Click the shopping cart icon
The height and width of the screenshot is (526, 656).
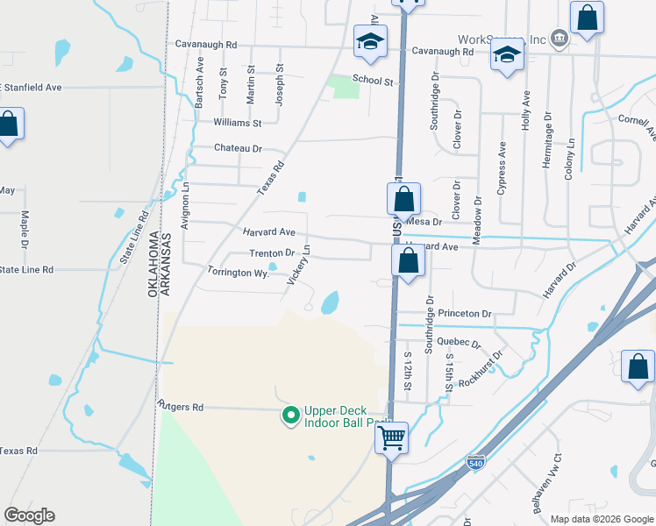392,436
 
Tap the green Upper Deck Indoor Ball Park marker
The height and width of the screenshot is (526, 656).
289,416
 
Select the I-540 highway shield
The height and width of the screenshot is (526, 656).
474,464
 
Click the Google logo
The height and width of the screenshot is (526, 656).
29,515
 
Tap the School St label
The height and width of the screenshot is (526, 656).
373,81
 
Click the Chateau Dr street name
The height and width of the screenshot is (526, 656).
238,149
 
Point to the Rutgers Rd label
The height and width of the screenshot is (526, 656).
180,408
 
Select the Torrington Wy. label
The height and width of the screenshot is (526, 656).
237,273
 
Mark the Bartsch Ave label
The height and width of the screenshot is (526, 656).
200,83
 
